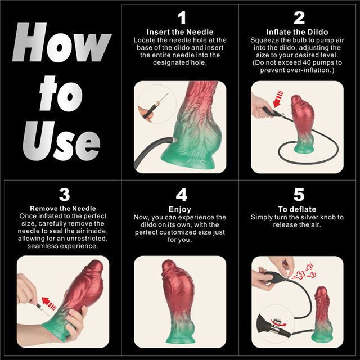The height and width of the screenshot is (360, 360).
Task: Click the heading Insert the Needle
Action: [x=181, y=32]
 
